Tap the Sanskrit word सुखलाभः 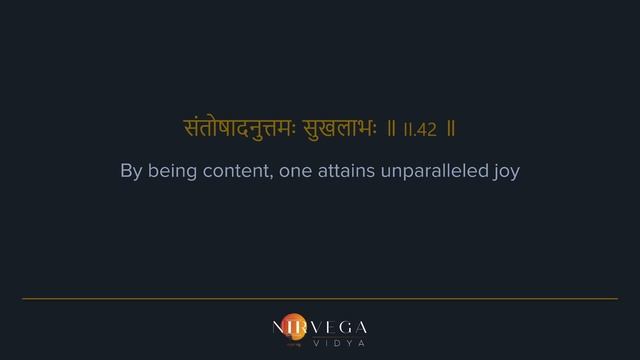point(344,129)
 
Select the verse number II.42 point(419,130)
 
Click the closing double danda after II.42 point(452,130)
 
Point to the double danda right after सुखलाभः point(393,130)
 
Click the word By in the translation point(131,171)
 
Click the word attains point(349,171)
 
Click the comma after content point(272,176)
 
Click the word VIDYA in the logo point(336,342)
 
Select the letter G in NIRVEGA point(343,327)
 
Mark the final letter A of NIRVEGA point(361,327)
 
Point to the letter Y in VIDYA point(345,342)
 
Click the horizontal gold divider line point(320,298)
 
